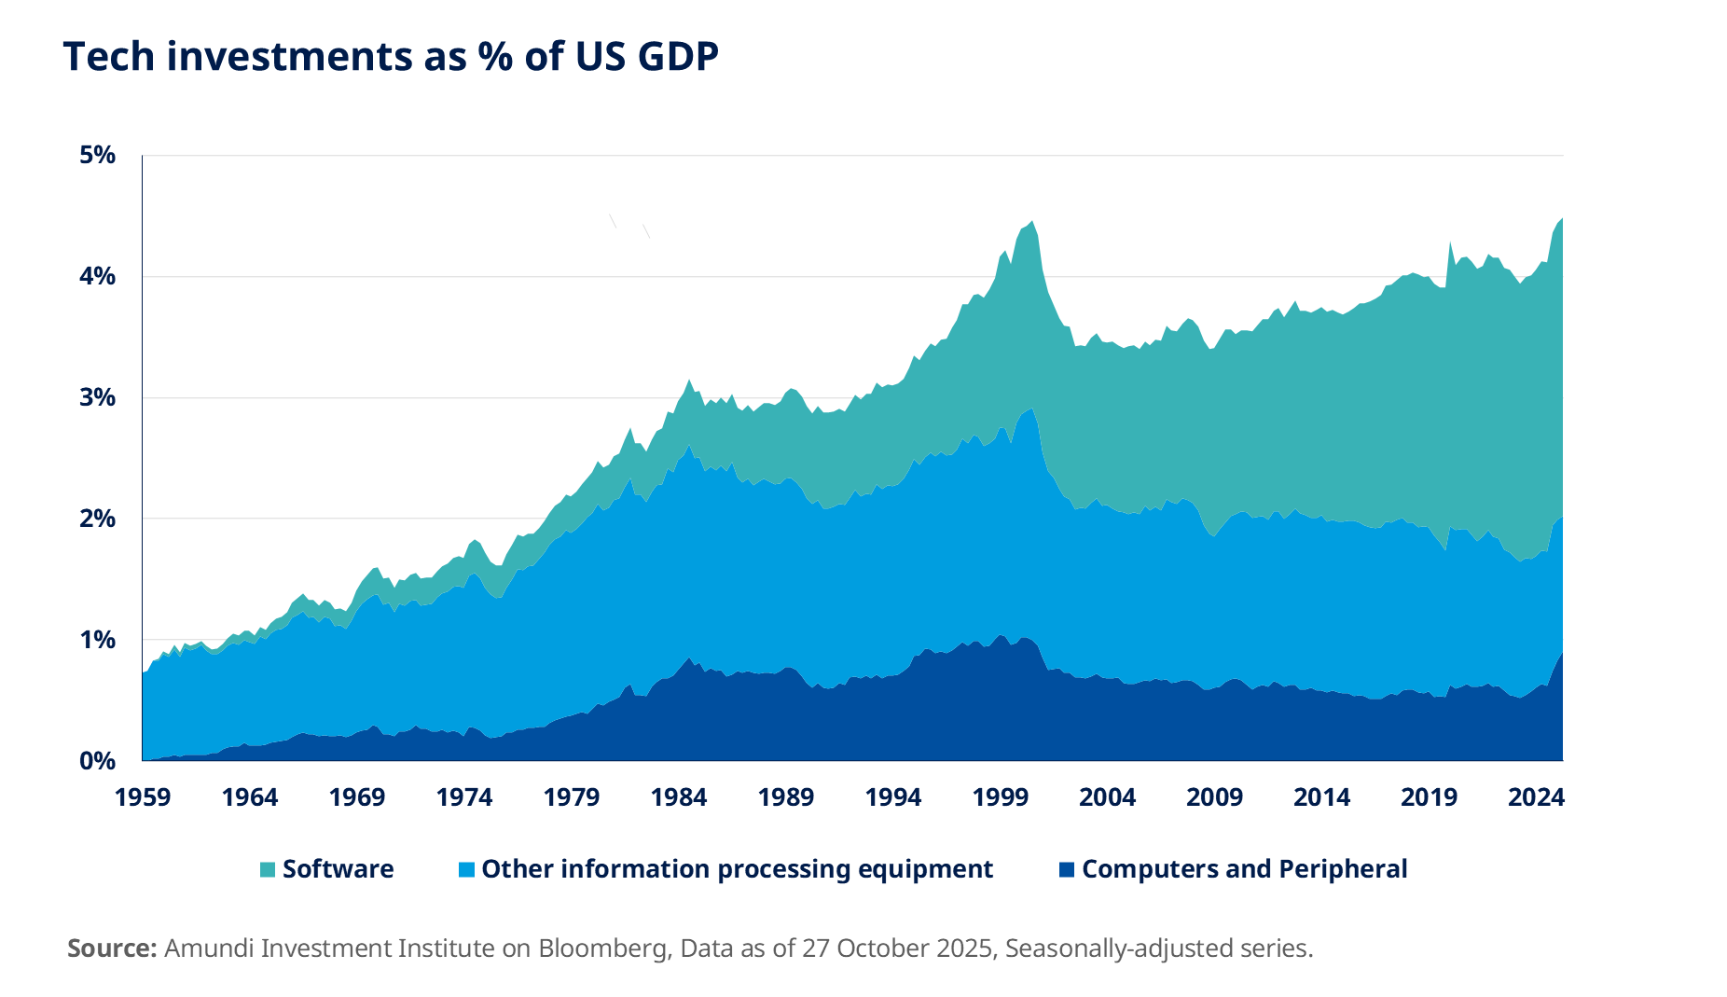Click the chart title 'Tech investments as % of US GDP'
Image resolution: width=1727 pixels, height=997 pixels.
coord(391,57)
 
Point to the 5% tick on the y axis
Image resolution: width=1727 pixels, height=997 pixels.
coord(97,155)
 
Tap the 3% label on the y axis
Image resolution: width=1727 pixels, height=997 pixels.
coord(97,397)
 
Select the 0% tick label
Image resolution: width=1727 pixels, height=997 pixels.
coord(97,760)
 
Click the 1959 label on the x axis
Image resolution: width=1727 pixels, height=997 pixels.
coord(142,797)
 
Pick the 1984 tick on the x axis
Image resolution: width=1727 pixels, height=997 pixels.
coord(679,797)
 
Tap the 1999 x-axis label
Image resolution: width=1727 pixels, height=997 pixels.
coord(1000,797)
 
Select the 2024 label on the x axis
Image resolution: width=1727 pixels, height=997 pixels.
coord(1536,797)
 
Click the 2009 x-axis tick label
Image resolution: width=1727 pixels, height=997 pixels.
coord(1214,797)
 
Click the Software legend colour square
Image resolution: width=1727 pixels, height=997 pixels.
coord(268,869)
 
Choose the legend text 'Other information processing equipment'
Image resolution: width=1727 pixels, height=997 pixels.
coord(737,869)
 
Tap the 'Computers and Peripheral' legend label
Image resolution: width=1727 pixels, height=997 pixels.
coord(1244,869)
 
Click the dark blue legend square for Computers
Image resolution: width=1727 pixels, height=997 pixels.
coord(1067,869)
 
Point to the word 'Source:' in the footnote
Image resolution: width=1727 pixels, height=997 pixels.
coord(112,949)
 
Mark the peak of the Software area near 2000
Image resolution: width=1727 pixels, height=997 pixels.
coord(1030,222)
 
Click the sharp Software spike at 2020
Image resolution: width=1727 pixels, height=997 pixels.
coord(1450,243)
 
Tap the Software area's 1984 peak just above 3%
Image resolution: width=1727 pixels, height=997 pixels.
coord(689,381)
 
